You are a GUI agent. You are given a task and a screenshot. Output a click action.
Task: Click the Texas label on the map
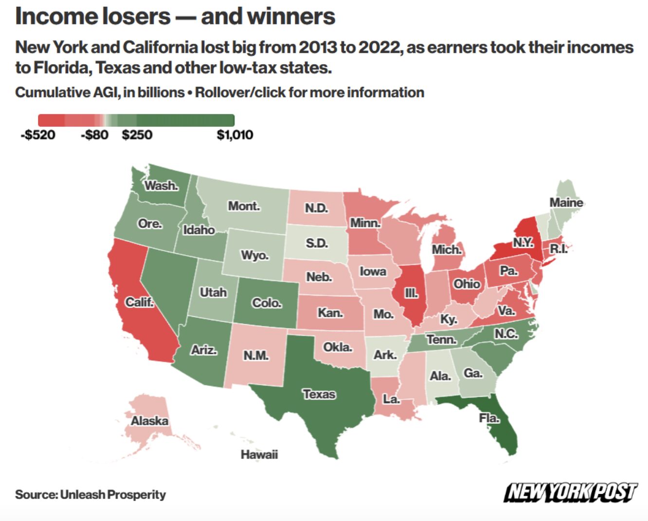319,394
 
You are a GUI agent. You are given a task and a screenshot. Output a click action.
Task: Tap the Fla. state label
488,418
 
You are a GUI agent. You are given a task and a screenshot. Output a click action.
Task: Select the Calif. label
139,302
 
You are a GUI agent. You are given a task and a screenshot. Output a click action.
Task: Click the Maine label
566,202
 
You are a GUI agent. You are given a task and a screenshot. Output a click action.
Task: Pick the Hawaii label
259,454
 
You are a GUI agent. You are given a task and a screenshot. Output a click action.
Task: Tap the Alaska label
149,420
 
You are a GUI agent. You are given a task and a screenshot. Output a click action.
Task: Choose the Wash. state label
162,185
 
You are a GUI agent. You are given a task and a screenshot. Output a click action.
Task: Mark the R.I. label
558,248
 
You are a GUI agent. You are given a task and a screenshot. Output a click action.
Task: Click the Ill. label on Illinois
411,293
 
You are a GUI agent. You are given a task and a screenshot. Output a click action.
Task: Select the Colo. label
267,303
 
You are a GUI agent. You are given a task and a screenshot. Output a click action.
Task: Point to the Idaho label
198,229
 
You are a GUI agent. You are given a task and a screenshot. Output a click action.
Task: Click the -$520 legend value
38,135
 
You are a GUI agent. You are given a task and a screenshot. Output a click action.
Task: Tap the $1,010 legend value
235,135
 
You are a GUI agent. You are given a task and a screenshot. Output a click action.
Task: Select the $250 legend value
137,135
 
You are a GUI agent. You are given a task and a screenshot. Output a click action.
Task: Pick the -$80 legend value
94,135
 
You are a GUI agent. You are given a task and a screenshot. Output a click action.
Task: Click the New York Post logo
570,492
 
